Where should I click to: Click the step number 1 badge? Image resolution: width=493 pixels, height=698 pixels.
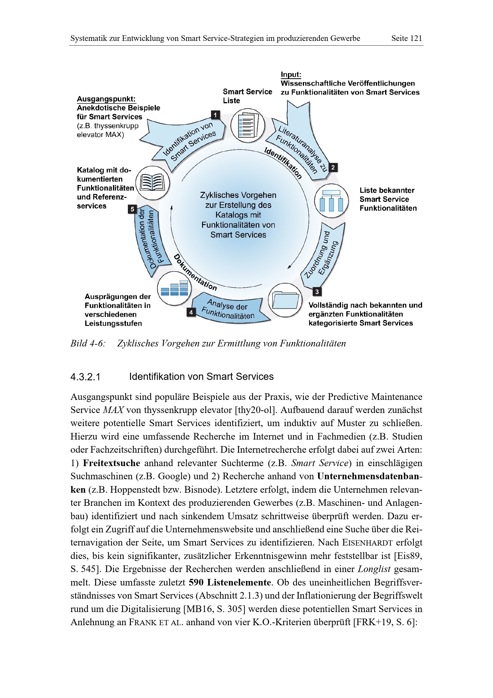pyautogui.click(x=215, y=115)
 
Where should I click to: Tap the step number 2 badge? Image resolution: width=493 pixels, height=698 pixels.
pyautogui.click(x=333, y=167)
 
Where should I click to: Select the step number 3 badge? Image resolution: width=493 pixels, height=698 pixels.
pyautogui.click(x=317, y=292)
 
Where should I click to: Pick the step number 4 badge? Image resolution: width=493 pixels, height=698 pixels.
pyautogui.click(x=191, y=312)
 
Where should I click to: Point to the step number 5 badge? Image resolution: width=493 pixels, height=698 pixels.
pyautogui.click(x=132, y=209)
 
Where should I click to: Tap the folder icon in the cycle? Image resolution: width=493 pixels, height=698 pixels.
pyautogui.click(x=285, y=300)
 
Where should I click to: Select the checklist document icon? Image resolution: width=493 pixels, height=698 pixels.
pyautogui.click(x=248, y=125)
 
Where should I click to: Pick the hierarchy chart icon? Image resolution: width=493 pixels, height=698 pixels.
pyautogui.click(x=331, y=201)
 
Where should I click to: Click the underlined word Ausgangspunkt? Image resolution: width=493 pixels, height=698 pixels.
pyautogui.click(x=106, y=99)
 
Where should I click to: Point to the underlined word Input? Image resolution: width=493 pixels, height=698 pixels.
pyautogui.click(x=291, y=75)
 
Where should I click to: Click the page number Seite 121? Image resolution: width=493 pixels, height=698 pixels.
pyautogui.click(x=407, y=38)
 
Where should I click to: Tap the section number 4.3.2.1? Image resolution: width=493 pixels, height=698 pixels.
pyautogui.click(x=85, y=377)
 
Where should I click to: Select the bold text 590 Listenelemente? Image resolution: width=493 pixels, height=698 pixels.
pyautogui.click(x=230, y=582)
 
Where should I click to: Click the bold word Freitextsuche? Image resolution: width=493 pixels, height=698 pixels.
pyautogui.click(x=111, y=463)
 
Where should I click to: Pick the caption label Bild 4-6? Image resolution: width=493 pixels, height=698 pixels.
pyautogui.click(x=88, y=343)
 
